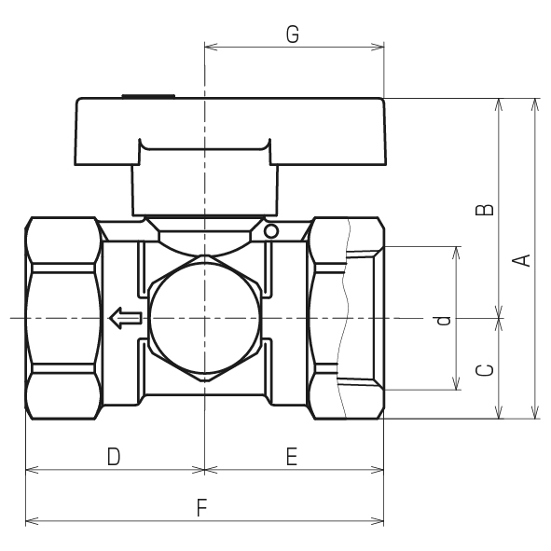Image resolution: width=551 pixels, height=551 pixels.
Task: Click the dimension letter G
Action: [x=293, y=34]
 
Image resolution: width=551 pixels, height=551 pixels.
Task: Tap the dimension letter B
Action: [x=484, y=210]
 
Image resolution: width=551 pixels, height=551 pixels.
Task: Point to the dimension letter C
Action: [x=484, y=370]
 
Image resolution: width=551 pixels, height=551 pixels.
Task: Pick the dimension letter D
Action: [x=114, y=457]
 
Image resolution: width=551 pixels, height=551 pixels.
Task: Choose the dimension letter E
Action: [x=292, y=457]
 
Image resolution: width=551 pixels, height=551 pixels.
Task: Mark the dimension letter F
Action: [x=201, y=508]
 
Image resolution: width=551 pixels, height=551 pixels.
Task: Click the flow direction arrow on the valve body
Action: [x=126, y=318]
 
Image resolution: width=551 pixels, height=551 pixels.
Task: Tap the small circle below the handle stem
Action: [x=271, y=231]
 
